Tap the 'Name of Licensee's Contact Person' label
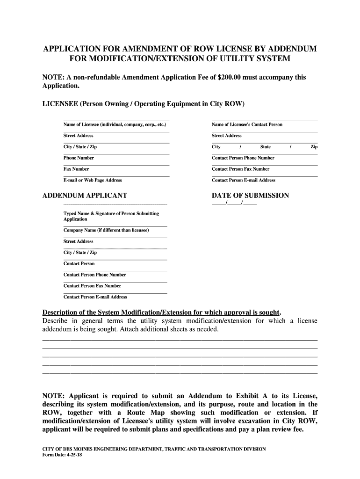coord(247,124)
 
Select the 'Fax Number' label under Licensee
coord(76,169)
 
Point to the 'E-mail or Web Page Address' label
coord(93,180)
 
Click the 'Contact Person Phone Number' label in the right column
coord(243,158)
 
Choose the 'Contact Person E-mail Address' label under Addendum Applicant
coord(95,297)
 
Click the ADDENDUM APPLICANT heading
coord(85,196)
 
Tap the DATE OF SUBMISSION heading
coord(250,196)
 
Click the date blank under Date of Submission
coord(234,203)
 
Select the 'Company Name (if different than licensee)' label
coord(106,230)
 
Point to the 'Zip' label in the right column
coord(314,147)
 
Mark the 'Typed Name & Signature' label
coord(111,214)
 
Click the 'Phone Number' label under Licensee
coord(79,158)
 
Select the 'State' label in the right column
coord(266,147)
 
